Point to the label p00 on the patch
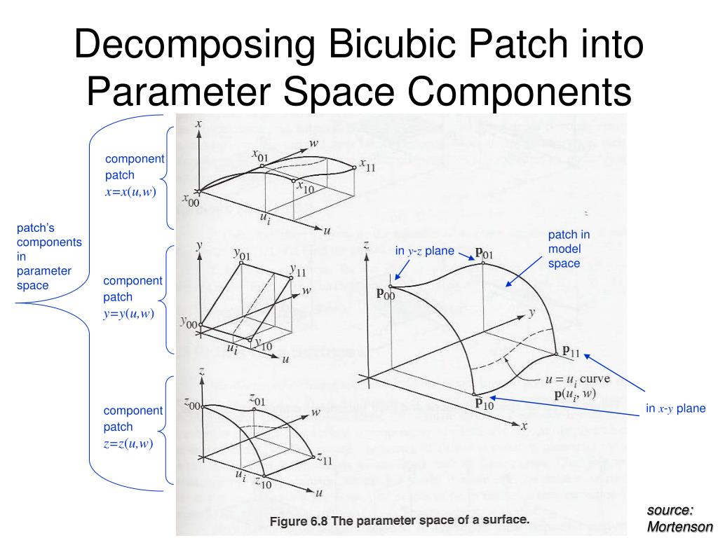pyautogui.click(x=385, y=295)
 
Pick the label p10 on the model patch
pyautogui.click(x=485, y=403)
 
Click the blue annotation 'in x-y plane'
pyautogui.click(x=676, y=409)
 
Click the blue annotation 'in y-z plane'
pyautogui.click(x=425, y=251)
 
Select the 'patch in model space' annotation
pyautogui.click(x=569, y=249)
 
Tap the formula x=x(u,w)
pyautogui.click(x=130, y=192)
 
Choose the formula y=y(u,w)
pyautogui.click(x=129, y=313)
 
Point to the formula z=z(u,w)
pyautogui.click(x=128, y=443)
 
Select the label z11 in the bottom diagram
pyautogui.click(x=323, y=460)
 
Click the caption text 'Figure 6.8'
pyautogui.click(x=299, y=520)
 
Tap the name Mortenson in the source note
pyautogui.click(x=679, y=527)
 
